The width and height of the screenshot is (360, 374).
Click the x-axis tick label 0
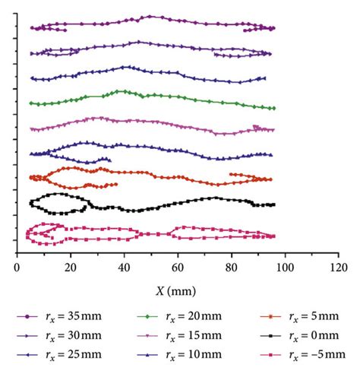coord(17,267)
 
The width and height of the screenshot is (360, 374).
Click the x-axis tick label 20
coord(71,267)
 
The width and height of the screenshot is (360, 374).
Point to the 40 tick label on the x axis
coord(125,267)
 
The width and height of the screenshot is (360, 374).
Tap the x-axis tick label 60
coord(178,267)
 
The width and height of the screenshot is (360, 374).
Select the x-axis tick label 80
coord(232,267)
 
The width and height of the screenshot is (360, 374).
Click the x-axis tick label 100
coord(285,267)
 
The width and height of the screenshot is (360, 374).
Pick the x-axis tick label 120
coord(339,267)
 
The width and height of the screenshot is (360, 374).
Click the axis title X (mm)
coord(178,289)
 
